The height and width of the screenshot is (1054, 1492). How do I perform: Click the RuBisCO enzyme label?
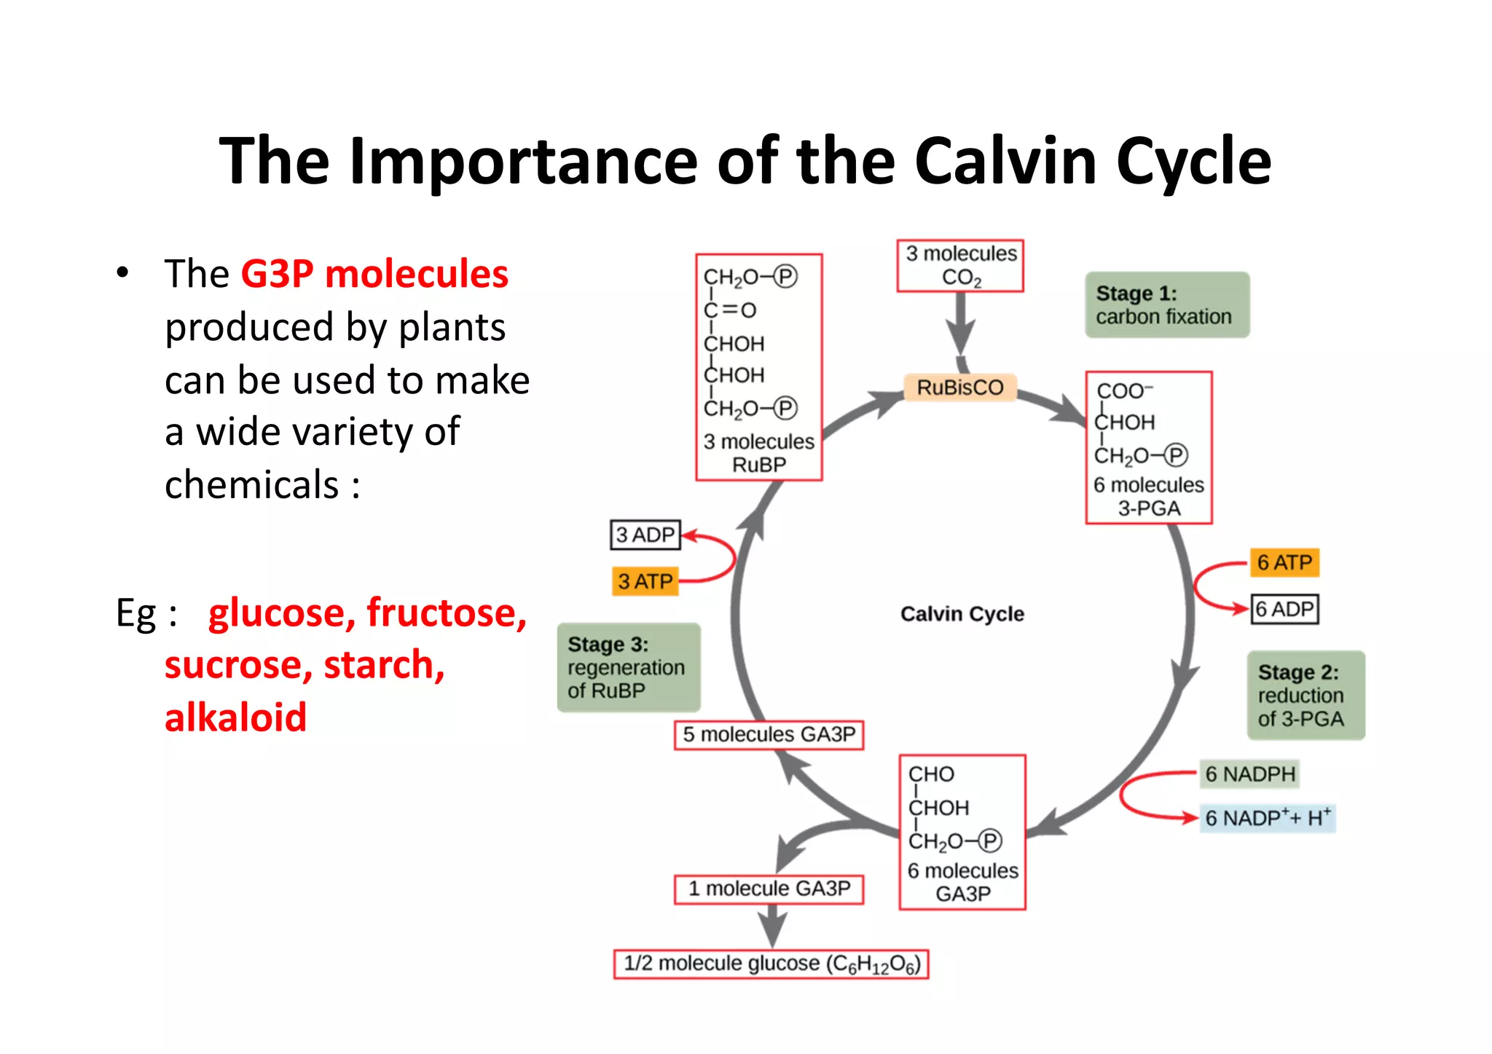pos(959,388)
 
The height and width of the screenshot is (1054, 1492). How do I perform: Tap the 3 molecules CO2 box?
pos(960,266)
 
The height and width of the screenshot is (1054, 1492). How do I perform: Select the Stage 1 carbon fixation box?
pos(1166,305)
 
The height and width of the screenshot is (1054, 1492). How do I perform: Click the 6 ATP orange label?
pos(1284,563)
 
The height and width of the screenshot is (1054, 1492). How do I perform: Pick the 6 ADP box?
pos(1285,609)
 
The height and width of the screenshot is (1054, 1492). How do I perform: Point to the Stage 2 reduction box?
pos(1305,696)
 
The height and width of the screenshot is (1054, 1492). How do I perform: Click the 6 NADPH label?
pos(1250,774)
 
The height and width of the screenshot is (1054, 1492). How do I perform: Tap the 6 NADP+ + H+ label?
pos(1267,818)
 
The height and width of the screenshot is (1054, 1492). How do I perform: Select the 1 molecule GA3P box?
pos(769,889)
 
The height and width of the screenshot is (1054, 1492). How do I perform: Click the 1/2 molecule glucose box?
pos(771,964)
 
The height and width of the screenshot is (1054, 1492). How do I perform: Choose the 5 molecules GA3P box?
pos(769,734)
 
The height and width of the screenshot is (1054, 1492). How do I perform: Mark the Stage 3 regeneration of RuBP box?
pos(628,667)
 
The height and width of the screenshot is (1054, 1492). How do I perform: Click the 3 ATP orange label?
pos(645,581)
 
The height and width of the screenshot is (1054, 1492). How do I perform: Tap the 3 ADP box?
pos(645,535)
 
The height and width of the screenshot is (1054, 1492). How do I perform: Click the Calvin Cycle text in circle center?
pos(962,614)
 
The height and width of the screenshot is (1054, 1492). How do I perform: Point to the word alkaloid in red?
pos(235,717)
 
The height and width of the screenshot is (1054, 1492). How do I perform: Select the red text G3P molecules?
pos(374,275)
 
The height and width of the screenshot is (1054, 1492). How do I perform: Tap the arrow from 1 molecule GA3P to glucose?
pos(771,926)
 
